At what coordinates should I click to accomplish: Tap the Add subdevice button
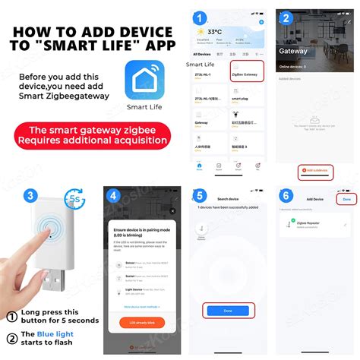click(315, 170)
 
